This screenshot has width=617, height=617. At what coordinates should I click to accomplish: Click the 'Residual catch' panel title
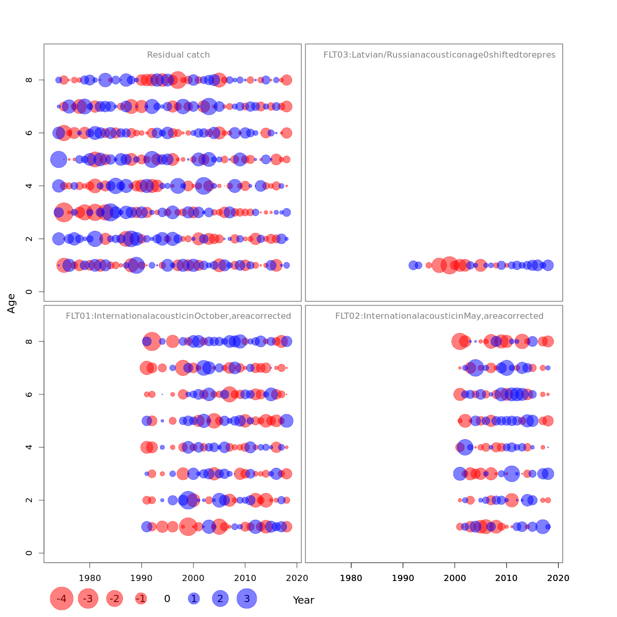pos(178,55)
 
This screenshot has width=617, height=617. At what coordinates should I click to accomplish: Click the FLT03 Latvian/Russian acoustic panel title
pos(439,55)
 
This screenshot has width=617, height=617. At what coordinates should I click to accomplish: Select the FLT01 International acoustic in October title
pos(178,316)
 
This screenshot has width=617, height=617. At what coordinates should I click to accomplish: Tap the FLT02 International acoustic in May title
pos(439,316)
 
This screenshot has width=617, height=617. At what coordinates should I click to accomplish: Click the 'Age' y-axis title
pos(11,303)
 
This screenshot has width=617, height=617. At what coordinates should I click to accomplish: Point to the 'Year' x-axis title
pos(303,600)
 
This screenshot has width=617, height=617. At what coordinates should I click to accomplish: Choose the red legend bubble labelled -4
pos(62,598)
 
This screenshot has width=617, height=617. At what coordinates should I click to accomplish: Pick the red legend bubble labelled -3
pos(88,598)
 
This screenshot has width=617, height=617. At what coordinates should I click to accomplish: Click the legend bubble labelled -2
pos(115,598)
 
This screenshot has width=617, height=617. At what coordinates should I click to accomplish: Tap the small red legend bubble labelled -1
pos(141,598)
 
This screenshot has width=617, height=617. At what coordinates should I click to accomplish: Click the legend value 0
pos(167,598)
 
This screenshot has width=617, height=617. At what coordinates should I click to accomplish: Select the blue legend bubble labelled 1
pos(194,598)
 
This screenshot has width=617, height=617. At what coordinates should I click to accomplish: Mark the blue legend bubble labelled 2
pos(220,598)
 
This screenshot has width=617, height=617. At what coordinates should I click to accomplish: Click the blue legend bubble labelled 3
pos(247,598)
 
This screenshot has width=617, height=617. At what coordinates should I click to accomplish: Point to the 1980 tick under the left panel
pos(90,578)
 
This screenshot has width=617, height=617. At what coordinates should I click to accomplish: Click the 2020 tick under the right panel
pos(558,578)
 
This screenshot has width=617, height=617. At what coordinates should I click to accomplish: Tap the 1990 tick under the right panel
pos(403,578)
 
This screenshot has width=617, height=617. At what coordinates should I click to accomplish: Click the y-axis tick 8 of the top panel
pos(29,80)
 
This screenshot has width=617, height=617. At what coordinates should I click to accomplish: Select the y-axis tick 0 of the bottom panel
pos(29,553)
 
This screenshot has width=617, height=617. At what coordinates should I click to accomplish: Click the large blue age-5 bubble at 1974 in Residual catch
pos(59,159)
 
